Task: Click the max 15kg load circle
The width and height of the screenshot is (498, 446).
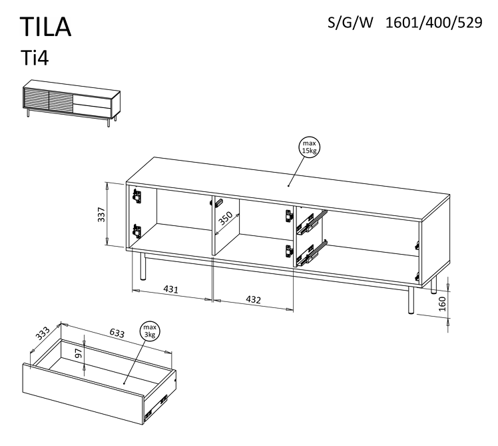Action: [309, 148]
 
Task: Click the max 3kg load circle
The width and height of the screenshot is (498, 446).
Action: [148, 331]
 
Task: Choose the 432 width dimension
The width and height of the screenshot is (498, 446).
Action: [253, 299]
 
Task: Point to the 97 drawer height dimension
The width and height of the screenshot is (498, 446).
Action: [79, 354]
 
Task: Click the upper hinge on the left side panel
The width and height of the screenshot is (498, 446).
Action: [137, 196]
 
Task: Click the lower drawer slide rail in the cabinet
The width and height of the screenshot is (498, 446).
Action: [310, 251]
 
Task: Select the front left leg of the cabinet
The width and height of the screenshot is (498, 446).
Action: [142, 267]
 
